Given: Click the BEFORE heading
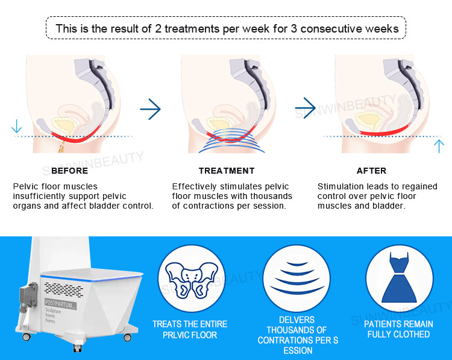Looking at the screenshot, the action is pyautogui.click(x=69, y=171).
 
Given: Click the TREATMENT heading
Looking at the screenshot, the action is pyautogui.click(x=227, y=171).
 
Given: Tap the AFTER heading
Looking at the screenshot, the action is pyautogui.click(x=371, y=171).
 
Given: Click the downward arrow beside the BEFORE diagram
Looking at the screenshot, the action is pyautogui.click(x=16, y=126).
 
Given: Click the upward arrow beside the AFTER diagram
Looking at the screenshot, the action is pyautogui.click(x=439, y=147).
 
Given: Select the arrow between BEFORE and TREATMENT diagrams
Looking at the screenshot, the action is pyautogui.click(x=150, y=109).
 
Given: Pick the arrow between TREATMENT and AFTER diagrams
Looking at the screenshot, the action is pyautogui.click(x=306, y=108).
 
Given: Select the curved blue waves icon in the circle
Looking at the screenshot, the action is pyautogui.click(x=297, y=277).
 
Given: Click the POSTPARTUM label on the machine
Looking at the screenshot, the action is pyautogui.click(x=60, y=304).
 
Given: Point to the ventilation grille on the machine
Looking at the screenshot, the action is pyautogui.click(x=64, y=289).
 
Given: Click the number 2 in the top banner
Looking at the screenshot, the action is pyautogui.click(x=159, y=28).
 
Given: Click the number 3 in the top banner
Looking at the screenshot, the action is pyautogui.click(x=293, y=28).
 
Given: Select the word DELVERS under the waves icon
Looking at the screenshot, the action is pyautogui.click(x=297, y=320).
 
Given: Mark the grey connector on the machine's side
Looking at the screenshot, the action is pyautogui.click(x=28, y=297).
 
